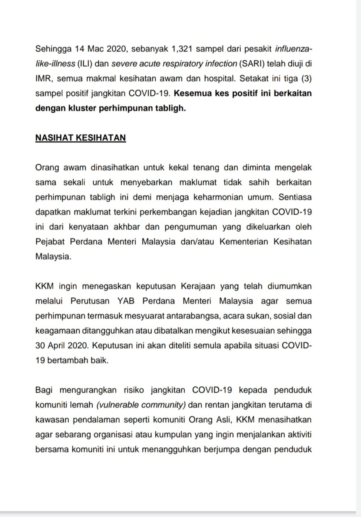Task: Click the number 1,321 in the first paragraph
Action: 181,49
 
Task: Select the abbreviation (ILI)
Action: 85,63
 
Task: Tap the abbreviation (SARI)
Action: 251,63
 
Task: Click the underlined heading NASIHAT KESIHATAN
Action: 80,138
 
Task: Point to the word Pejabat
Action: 50,241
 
